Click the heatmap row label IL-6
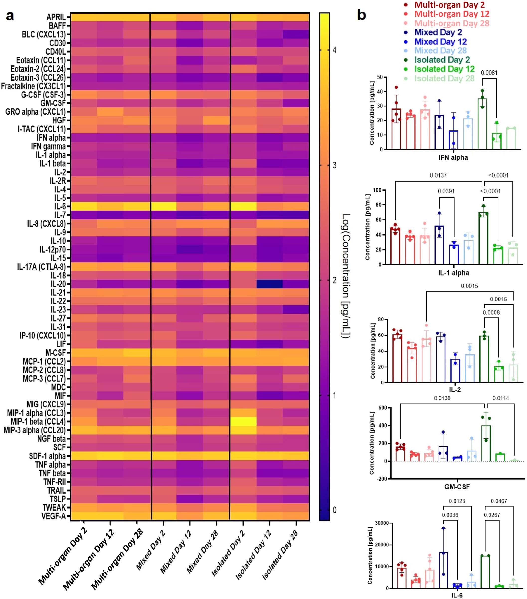pos(60,206)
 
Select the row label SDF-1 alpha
pos(47,456)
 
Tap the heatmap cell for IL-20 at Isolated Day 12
pos(269,284)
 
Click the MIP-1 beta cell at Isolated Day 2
pos(243,421)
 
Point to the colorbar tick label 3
pos(334,165)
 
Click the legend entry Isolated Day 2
pos(442,60)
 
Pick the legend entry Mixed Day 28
pos(440,50)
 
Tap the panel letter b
pos(361,15)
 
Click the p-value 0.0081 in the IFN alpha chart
pos(489,73)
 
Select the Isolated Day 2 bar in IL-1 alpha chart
pos(483,238)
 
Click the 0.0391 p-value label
pos(446,191)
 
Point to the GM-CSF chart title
pos(457,487)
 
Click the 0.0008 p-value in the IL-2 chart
pos(491,312)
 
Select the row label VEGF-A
pos(54,516)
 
